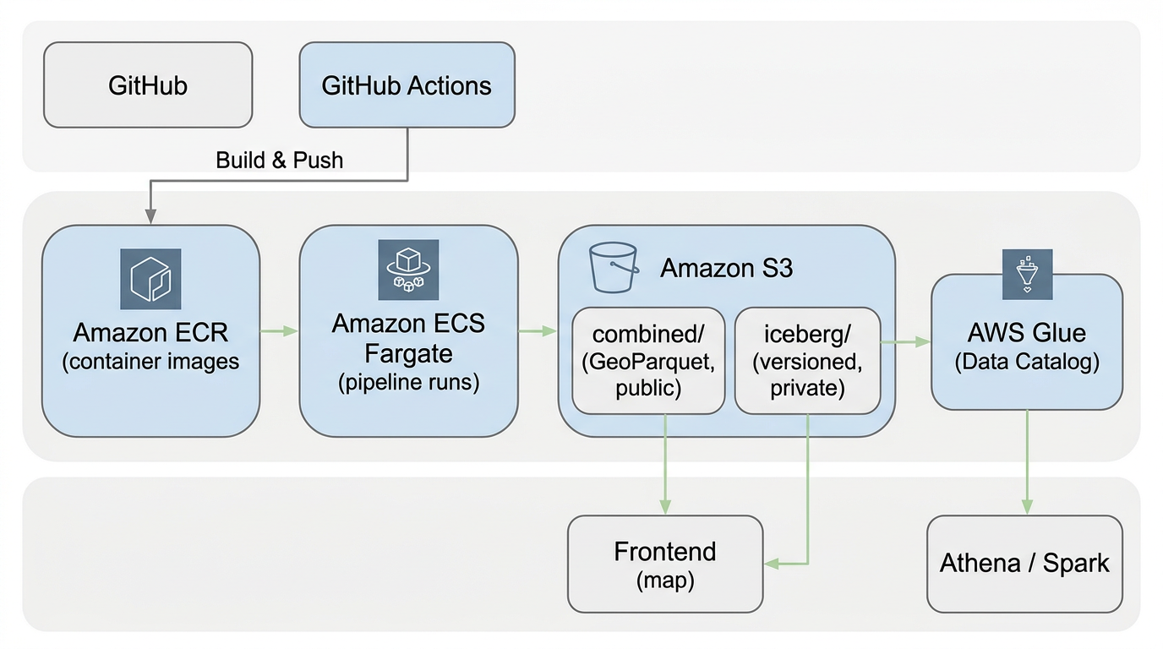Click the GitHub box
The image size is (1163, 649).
pyautogui.click(x=148, y=85)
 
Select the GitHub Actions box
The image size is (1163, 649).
pyautogui.click(x=407, y=85)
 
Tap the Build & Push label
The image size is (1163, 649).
pyautogui.click(x=280, y=160)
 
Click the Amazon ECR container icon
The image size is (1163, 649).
pyautogui.click(x=150, y=278)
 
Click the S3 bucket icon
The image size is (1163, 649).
pyautogui.click(x=613, y=268)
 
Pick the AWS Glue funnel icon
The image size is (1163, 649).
pyautogui.click(x=1027, y=274)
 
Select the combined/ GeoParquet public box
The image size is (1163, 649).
pyautogui.click(x=648, y=361)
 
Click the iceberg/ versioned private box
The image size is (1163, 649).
pyautogui.click(x=807, y=361)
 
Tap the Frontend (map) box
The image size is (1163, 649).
pyautogui.click(x=665, y=564)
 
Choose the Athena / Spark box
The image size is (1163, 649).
pyautogui.click(x=1024, y=564)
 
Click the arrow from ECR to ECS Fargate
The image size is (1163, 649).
pyautogui.click(x=279, y=331)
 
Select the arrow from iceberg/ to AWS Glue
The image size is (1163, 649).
pyautogui.click(x=905, y=342)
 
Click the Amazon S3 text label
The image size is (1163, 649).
pyautogui.click(x=726, y=268)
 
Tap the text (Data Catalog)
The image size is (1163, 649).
pyautogui.click(x=1027, y=363)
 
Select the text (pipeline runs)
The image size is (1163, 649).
pyautogui.click(x=409, y=382)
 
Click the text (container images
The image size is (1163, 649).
pyautogui.click(x=150, y=362)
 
